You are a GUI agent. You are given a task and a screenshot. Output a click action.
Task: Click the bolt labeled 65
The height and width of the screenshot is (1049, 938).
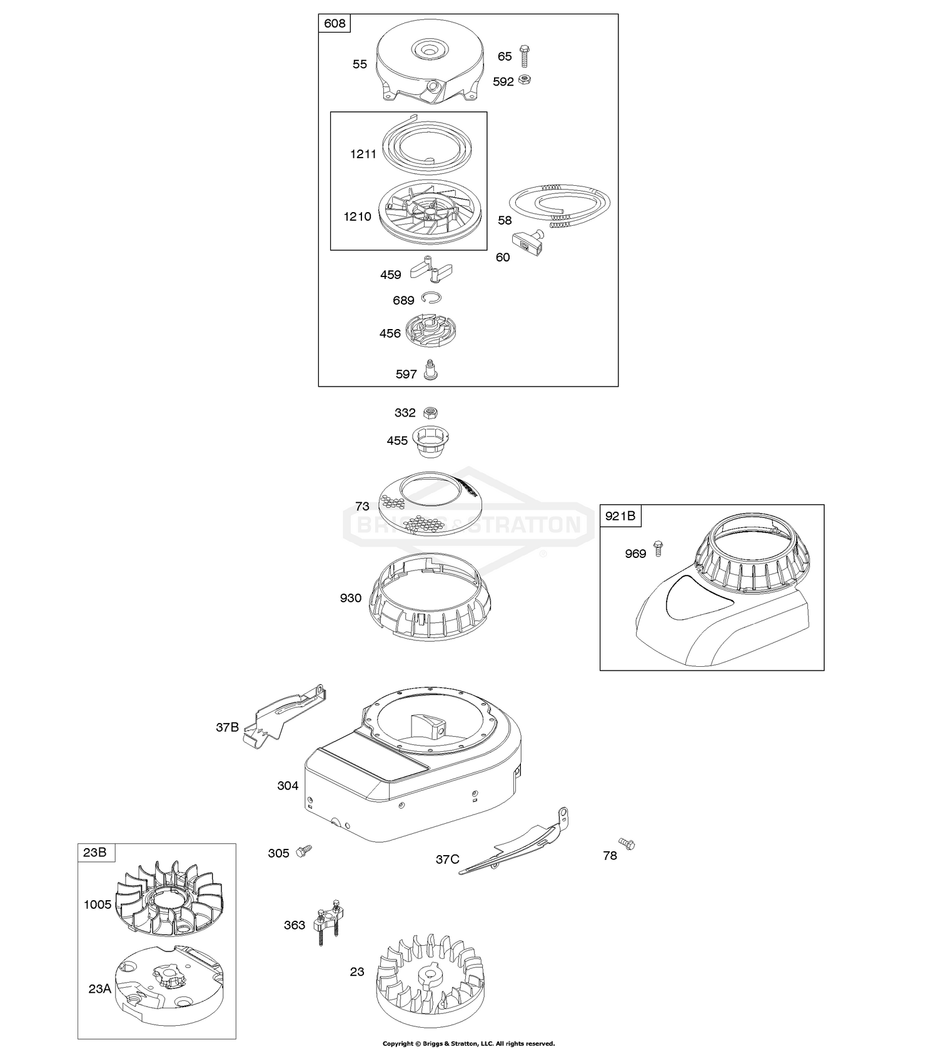[523, 56]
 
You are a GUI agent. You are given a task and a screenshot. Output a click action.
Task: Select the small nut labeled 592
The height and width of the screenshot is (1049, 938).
[526, 80]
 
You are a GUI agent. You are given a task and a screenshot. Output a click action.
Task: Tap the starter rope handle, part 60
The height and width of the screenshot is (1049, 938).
[527, 243]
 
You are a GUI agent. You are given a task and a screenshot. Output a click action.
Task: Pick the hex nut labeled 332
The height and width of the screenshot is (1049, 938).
[430, 412]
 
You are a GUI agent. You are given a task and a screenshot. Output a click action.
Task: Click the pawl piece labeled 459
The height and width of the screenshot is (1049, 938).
[431, 270]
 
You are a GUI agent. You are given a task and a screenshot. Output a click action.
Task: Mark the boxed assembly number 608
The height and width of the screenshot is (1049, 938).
[335, 24]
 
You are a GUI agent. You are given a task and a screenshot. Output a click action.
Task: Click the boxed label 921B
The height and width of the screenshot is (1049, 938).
[620, 515]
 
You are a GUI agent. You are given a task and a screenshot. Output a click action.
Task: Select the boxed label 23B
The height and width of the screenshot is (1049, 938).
[94, 852]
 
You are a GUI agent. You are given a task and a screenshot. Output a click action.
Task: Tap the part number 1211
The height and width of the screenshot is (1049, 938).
[363, 154]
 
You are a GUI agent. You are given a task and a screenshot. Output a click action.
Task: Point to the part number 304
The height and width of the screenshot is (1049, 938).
[288, 786]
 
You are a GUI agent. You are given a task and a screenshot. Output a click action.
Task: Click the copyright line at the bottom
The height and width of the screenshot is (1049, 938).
[468, 1043]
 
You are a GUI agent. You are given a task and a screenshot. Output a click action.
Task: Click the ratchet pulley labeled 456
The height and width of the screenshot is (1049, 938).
[431, 330]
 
